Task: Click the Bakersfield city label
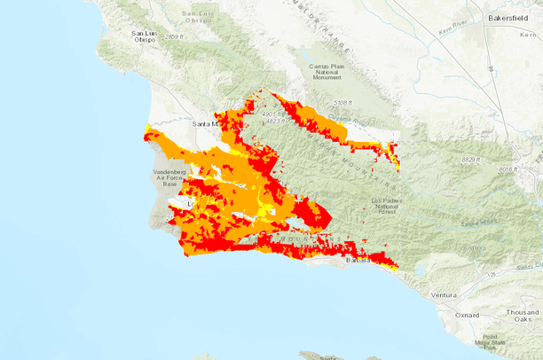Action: pos(513,17)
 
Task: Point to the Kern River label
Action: pos(453,33)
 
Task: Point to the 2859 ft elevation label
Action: pos(173,36)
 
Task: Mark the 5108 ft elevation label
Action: pos(342,104)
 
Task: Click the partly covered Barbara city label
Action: pos(357,261)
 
